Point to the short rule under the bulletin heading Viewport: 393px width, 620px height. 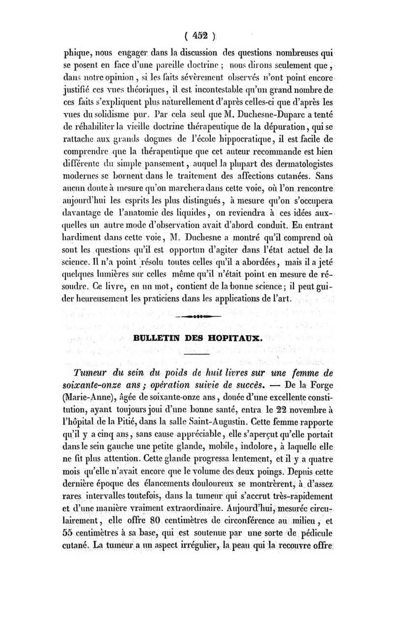[x=196, y=353]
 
